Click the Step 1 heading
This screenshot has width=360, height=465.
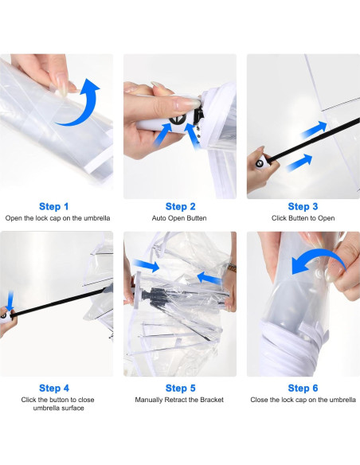click(x=53, y=206)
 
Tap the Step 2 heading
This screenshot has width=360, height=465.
click(x=180, y=206)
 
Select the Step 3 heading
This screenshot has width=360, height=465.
click(x=303, y=206)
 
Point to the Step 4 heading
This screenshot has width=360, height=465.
click(x=54, y=388)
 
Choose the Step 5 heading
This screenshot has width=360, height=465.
click(x=180, y=388)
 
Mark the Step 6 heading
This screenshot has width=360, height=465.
click(x=303, y=388)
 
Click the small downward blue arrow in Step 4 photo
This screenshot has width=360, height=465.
click(x=10, y=301)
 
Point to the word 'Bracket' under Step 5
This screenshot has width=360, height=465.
click(x=212, y=400)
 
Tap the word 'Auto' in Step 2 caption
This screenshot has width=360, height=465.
click(x=159, y=218)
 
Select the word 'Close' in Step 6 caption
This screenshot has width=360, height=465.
click(x=259, y=400)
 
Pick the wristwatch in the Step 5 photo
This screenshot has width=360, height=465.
click(x=232, y=268)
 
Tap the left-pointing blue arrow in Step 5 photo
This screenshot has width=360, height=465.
click(x=209, y=278)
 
